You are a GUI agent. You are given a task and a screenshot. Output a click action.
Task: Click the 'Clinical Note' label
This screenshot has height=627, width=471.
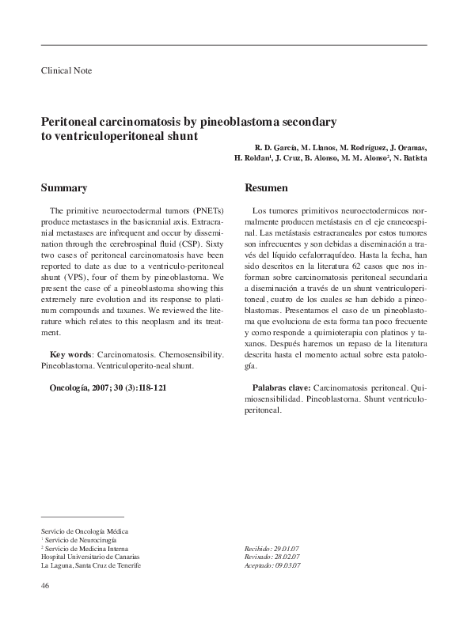pyautogui.click(x=66, y=70)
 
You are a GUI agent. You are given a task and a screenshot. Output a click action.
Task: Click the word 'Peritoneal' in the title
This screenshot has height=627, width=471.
pyautogui.click(x=72, y=123)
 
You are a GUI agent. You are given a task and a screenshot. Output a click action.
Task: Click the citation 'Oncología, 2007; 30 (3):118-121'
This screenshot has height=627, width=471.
pyautogui.click(x=108, y=389)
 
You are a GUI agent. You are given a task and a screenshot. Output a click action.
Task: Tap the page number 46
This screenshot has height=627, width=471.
pyautogui.click(x=45, y=586)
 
